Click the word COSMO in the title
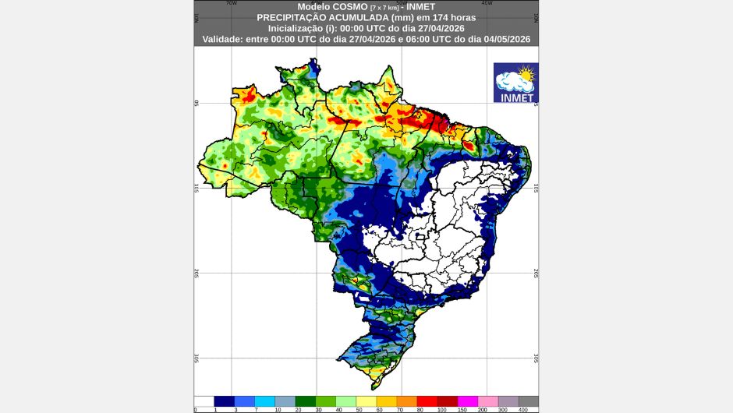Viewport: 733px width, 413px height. (x=336, y=6)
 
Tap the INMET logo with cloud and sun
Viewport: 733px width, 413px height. (x=515, y=83)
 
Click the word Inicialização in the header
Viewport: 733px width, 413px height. (x=296, y=27)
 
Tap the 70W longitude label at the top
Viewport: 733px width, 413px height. (x=231, y=3)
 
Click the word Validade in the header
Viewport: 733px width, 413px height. (x=226, y=38)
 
